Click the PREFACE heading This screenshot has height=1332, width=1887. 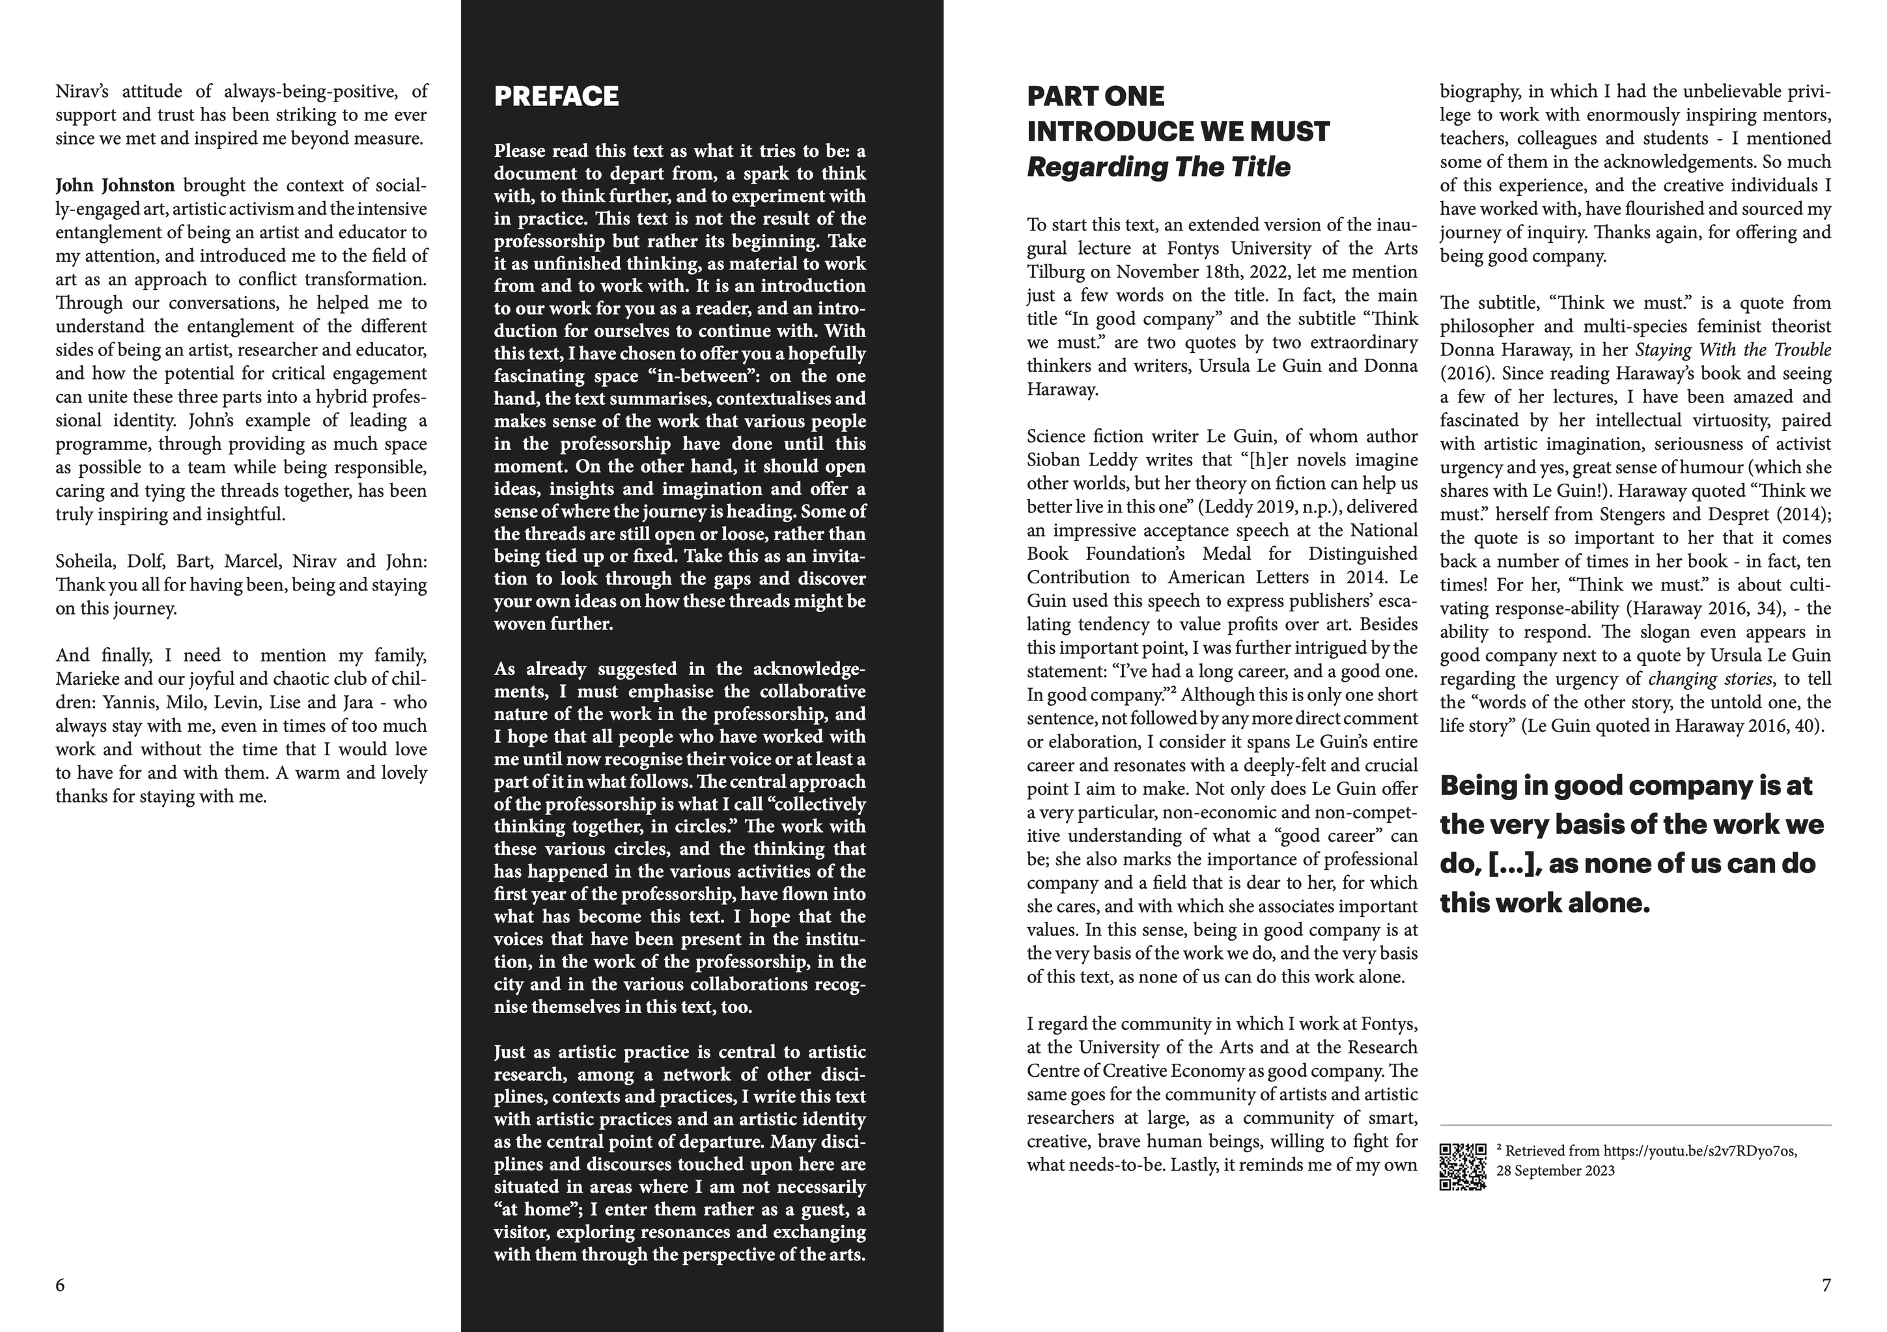[x=557, y=97]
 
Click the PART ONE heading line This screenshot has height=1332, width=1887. [x=1096, y=96]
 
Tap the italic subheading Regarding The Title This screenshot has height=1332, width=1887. [x=1158, y=167]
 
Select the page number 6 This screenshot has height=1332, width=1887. [x=60, y=1285]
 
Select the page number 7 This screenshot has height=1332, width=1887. [x=1826, y=1285]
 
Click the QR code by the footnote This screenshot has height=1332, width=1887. [x=1463, y=1166]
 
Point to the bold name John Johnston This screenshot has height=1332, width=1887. [x=115, y=186]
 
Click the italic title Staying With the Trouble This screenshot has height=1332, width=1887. [x=1733, y=350]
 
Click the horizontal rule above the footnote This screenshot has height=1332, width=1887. [x=1636, y=1125]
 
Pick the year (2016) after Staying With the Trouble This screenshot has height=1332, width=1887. [x=1465, y=374]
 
